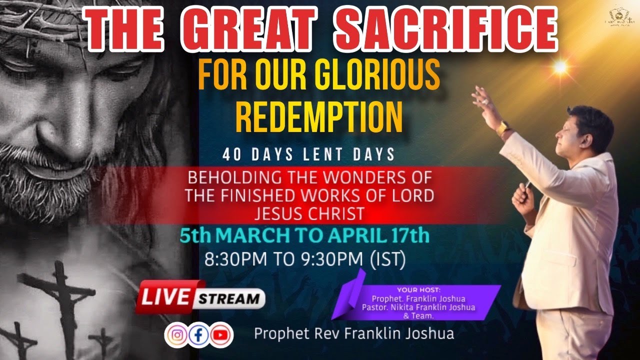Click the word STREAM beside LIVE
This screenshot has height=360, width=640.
pyautogui.click(x=229, y=299)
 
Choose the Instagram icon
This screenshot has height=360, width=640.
pyautogui.click(x=176, y=334)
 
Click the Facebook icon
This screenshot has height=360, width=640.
pyautogui.click(x=198, y=334)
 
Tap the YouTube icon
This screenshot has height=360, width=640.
pyautogui.click(x=220, y=334)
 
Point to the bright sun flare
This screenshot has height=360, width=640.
pyautogui.click(x=560, y=66)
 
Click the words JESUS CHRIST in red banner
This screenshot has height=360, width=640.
pyautogui.click(x=309, y=214)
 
